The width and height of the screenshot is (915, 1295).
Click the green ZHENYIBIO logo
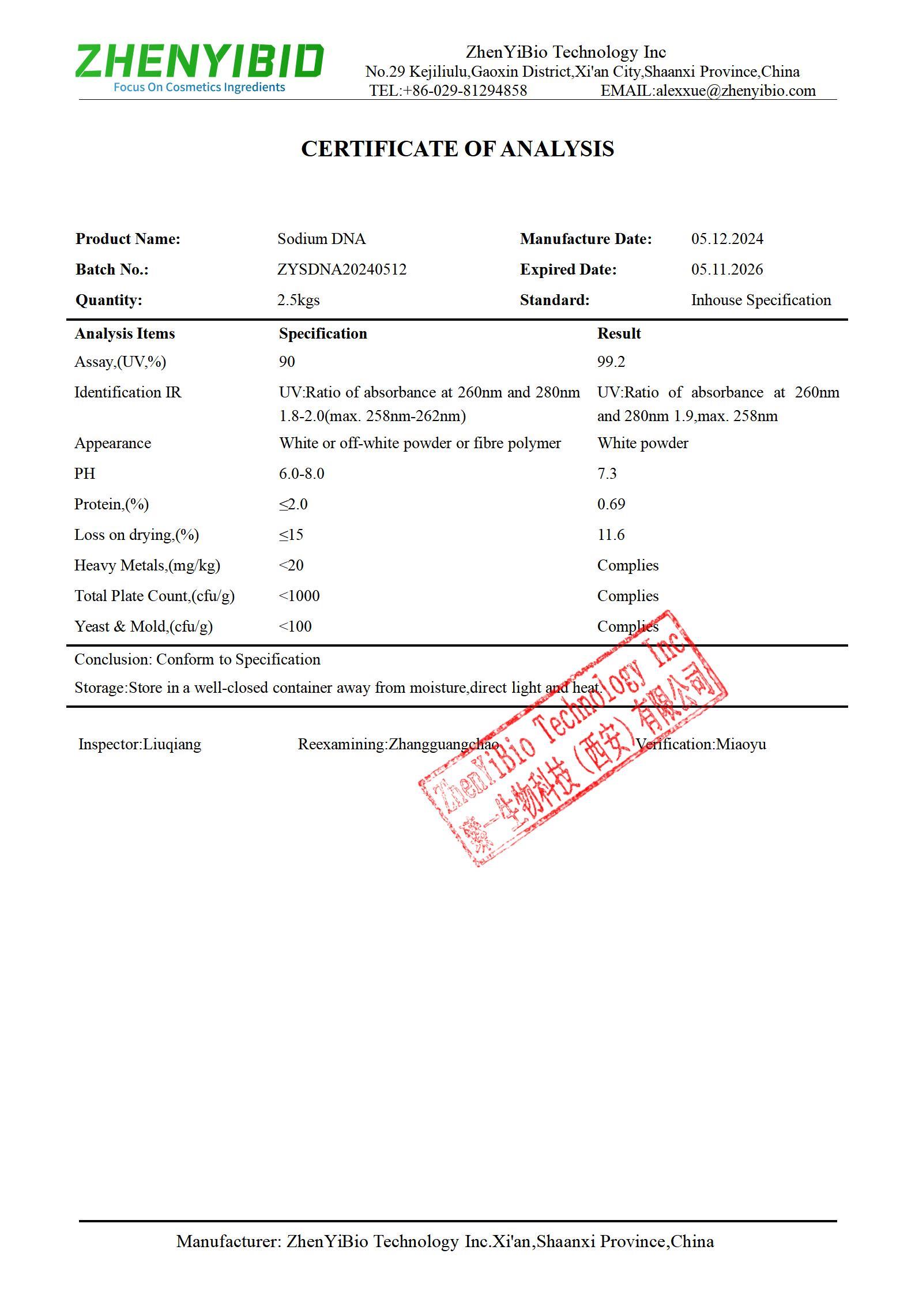[199, 61]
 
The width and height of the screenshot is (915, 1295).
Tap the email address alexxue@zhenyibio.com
[736, 91]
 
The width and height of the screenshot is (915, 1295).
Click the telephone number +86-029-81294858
[465, 91]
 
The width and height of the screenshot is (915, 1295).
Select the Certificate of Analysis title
[457, 149]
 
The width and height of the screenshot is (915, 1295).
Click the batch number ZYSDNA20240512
[342, 269]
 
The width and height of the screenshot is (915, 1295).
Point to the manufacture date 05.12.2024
[727, 239]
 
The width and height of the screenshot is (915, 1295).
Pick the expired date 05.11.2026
[727, 269]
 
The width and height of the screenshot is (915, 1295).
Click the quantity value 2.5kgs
[298, 300]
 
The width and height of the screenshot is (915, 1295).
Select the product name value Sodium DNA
[321, 239]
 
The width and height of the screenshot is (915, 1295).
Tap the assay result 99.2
[611, 362]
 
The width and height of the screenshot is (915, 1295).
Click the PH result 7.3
[607, 474]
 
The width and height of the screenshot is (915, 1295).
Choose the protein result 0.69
[611, 504]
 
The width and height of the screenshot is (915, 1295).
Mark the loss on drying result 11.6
[611, 535]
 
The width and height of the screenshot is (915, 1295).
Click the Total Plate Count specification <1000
[299, 596]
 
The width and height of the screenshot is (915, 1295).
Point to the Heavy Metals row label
[147, 565]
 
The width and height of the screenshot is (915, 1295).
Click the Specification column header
[323, 333]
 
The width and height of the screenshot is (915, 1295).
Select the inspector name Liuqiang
[172, 744]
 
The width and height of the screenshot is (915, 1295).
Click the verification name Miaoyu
[741, 744]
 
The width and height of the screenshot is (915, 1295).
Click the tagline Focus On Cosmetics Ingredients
[199, 87]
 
